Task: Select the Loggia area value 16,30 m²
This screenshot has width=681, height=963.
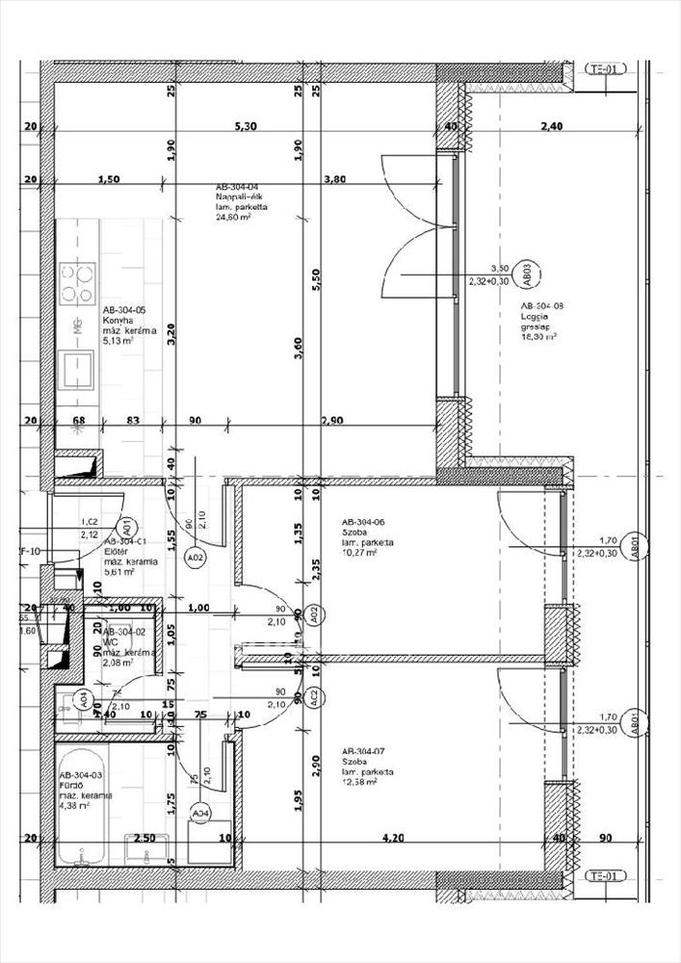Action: pos(538,337)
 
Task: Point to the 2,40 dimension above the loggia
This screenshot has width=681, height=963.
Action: pos(551,126)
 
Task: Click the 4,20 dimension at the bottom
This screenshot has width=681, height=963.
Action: pos(392,838)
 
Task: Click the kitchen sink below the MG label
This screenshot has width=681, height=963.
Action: pos(76,367)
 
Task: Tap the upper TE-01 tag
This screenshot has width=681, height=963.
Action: pos(606,69)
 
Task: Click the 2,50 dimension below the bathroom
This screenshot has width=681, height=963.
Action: pos(144,838)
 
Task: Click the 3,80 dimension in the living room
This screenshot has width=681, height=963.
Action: pos(335,179)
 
